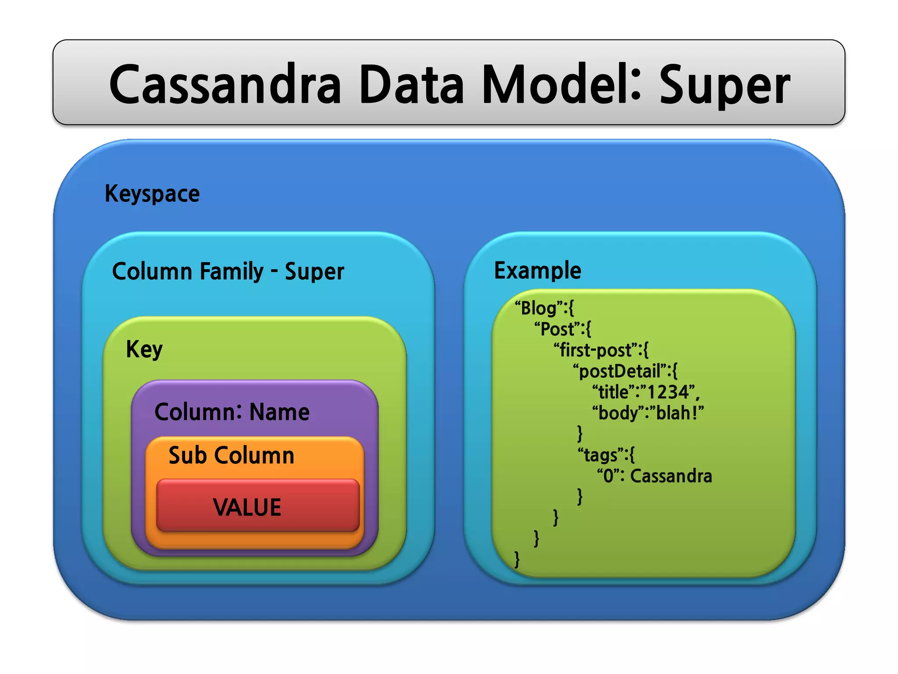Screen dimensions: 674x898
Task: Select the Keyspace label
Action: click(x=152, y=194)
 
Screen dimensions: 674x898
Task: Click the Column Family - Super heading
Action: click(x=228, y=271)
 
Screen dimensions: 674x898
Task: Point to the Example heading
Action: click(x=538, y=270)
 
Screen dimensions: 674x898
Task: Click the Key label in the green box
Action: click(x=144, y=350)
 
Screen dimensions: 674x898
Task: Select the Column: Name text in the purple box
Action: click(x=232, y=412)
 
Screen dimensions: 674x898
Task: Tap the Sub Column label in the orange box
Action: click(x=232, y=455)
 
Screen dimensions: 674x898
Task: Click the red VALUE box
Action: click(x=257, y=506)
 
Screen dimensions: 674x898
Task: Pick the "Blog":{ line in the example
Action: click(x=544, y=308)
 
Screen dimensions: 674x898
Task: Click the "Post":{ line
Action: click(x=563, y=329)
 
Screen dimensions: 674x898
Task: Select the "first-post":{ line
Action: click(x=601, y=350)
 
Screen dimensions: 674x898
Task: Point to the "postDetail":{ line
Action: click(x=625, y=371)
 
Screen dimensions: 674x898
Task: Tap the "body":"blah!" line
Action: click(x=648, y=413)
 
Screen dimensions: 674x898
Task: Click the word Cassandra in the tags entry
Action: click(x=671, y=476)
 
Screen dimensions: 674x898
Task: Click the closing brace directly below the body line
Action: click(x=580, y=434)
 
